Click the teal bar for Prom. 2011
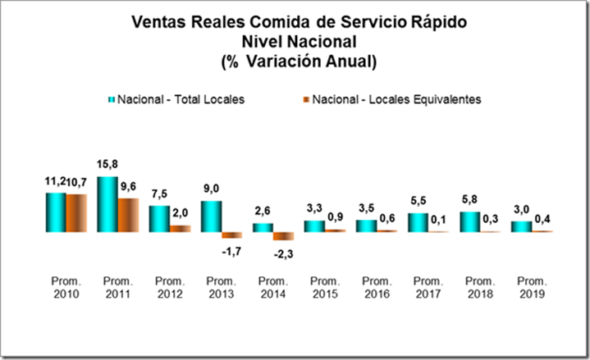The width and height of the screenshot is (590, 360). click(107, 204)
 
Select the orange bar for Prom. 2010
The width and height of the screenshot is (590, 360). click(76, 213)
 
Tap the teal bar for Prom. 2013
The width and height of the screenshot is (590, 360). click(211, 216)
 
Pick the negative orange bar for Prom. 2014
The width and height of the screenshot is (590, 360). click(283, 236)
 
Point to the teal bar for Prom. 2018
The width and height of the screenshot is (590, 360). click(469, 222)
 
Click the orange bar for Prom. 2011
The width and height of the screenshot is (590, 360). click(128, 215)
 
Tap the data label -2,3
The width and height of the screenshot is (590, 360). click(284, 253)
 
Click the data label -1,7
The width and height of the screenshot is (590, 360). click(231, 249)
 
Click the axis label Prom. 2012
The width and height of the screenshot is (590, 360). click(170, 288)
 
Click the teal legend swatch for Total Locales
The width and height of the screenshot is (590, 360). click(112, 99)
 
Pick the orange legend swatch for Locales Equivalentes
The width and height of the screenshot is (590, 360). click(305, 99)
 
